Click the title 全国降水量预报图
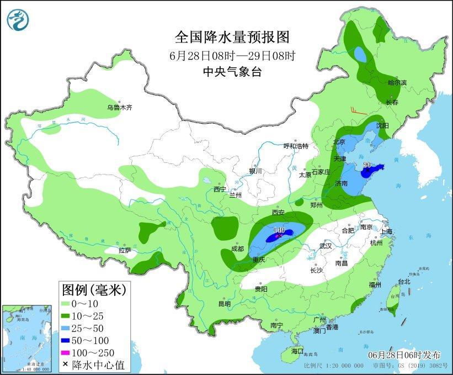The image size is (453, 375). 232,37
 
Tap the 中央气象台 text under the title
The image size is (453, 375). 232,71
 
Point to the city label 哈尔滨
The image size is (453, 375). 397,83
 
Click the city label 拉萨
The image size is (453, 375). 125,250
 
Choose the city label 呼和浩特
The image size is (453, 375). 296,146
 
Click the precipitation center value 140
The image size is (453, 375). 278,230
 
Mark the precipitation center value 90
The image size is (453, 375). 367,165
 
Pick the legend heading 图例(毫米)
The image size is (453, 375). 94,289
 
